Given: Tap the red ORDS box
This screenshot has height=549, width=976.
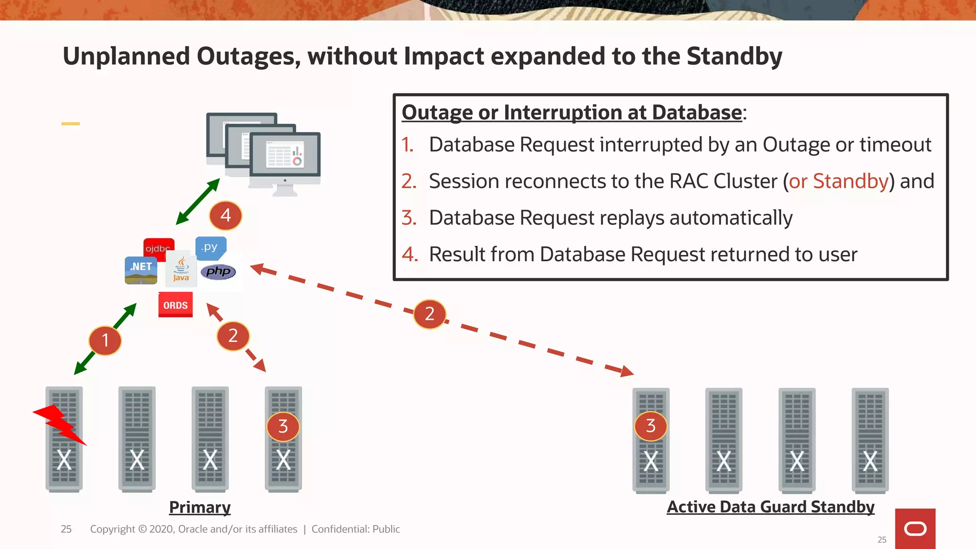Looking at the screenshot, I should tap(175, 305).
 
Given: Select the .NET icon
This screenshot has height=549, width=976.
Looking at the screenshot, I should tap(141, 270).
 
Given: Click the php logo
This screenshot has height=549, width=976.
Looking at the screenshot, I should tap(218, 272).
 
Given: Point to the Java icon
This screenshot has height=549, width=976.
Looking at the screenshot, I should tap(181, 270).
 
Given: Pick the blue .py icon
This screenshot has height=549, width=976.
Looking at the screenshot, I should tap(210, 247).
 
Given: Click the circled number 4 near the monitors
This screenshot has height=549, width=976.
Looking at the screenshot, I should tap(225, 215).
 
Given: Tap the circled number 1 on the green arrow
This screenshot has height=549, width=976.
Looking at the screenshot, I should tap(105, 340).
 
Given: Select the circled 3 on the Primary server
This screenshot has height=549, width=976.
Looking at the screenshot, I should tap(283, 426).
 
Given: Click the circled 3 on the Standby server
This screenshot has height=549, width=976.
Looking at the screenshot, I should tap(651, 426).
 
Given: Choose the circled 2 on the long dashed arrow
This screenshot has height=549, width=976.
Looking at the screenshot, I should tap(429, 314).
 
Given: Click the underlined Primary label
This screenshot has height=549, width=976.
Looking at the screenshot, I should tap(200, 507).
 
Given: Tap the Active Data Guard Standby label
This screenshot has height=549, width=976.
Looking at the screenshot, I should tap(770, 507).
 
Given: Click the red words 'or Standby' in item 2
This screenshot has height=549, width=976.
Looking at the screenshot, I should tap(839, 181).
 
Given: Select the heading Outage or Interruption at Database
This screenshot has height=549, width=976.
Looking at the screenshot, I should tap(572, 112).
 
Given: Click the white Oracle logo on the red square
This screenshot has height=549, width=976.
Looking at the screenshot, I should tap(915, 529).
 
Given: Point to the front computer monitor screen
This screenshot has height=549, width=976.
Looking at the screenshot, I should tap(285, 154).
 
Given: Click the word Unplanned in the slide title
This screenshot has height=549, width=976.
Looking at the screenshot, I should tap(126, 56).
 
